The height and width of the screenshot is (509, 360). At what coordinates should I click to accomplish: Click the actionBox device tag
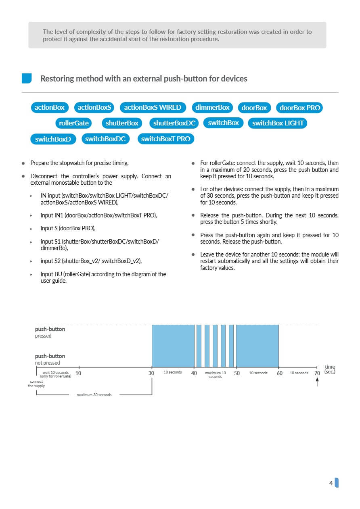tap(50, 107)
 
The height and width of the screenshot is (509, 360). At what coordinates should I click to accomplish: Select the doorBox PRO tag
tap(300, 108)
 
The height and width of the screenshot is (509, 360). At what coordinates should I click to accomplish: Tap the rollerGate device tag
tap(74, 123)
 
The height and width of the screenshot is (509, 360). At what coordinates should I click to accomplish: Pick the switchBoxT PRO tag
tap(166, 139)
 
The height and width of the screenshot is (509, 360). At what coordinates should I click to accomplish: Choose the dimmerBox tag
tap(212, 107)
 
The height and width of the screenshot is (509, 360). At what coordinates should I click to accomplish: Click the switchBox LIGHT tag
tap(278, 123)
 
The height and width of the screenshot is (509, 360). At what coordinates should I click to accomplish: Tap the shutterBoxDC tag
tap(174, 123)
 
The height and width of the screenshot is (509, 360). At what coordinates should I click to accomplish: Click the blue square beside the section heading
tap(27, 78)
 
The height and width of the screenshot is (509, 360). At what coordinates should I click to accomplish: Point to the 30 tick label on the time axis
tap(151, 373)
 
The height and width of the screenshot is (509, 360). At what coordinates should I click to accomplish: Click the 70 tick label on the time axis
tap(317, 373)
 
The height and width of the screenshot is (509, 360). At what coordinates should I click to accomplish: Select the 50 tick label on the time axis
tap(237, 373)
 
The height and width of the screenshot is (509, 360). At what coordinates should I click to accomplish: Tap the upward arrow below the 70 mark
tap(317, 381)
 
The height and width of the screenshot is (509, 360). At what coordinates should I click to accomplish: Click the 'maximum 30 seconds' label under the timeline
tap(94, 394)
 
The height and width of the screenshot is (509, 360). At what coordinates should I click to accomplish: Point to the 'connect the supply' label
tap(36, 384)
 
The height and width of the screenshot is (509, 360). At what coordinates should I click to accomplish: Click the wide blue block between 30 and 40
tap(173, 346)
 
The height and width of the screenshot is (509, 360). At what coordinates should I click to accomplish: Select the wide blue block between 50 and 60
tap(257, 346)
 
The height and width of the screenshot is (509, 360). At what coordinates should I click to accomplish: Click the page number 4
tap(331, 483)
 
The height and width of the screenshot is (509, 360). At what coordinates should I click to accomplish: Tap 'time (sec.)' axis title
tap(330, 369)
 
